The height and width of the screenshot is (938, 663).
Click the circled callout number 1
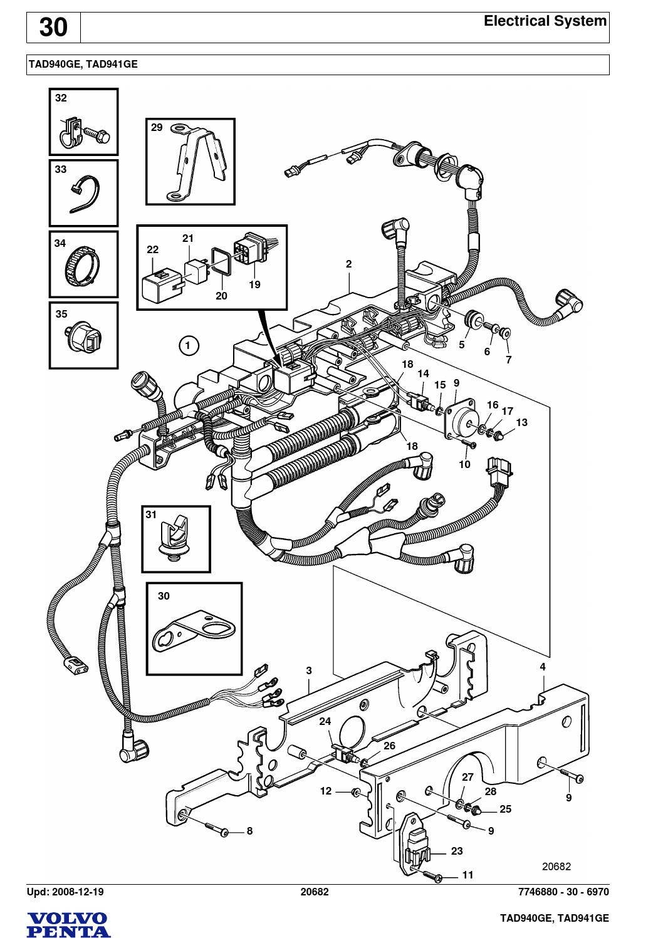tap(188, 345)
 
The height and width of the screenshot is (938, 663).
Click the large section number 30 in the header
tap(53, 28)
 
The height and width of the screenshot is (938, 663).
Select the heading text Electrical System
tap(545, 21)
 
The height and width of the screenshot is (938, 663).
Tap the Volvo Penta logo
tap(68, 924)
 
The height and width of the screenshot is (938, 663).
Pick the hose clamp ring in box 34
tap(83, 265)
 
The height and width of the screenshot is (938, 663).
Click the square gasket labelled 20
tap(220, 261)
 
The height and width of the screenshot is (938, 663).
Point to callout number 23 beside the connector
tap(456, 851)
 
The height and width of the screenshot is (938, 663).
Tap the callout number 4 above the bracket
tap(543, 667)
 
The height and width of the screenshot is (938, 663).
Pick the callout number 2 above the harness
tap(348, 264)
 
